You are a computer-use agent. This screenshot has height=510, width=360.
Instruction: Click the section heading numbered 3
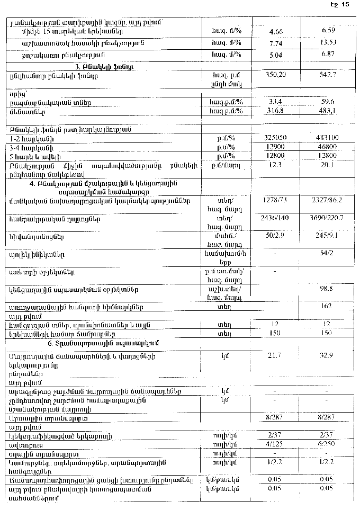103,68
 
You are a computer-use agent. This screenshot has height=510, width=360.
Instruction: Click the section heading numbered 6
103,343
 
